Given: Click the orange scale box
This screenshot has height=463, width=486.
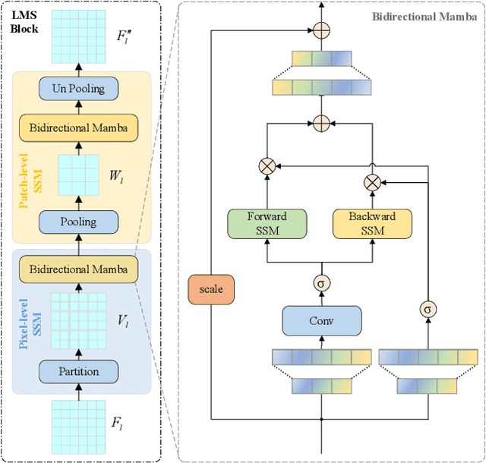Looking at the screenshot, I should [x=211, y=289].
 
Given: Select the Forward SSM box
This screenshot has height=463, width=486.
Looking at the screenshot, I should [x=267, y=222].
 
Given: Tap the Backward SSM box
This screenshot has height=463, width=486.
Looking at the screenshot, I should [x=372, y=222].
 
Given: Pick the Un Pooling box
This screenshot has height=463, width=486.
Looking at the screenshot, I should [x=78, y=89].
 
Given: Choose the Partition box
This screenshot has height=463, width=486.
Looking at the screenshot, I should [x=78, y=372].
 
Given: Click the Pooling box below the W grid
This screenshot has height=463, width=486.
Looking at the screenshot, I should [x=78, y=222].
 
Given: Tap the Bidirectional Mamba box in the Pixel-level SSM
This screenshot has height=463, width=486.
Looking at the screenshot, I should [x=78, y=268].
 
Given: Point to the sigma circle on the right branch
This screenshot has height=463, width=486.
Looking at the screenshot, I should [x=428, y=309].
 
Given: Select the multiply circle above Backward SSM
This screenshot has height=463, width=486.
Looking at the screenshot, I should [x=372, y=182].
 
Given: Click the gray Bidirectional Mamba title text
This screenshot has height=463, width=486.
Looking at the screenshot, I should [x=424, y=16].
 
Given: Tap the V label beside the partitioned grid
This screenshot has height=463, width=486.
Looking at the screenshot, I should [x=121, y=321].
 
